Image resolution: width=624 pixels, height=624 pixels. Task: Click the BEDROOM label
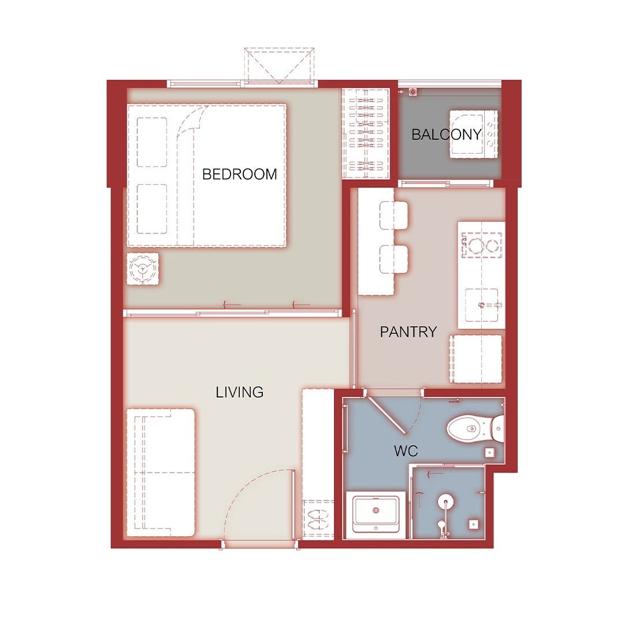[240, 174]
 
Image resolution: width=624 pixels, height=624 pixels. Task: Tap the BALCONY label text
[447, 135]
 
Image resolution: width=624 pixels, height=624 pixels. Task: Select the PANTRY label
[408, 332]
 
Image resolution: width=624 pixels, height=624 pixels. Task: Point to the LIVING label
[240, 392]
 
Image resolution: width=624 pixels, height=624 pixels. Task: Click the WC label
[406, 451]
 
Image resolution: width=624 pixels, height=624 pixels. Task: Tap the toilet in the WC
[475, 429]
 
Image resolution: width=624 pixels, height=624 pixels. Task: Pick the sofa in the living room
[161, 472]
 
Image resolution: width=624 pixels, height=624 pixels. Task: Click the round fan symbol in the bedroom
[143, 269]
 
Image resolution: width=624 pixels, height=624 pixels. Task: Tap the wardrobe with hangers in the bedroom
[366, 133]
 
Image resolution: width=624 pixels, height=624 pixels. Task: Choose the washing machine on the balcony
[474, 134]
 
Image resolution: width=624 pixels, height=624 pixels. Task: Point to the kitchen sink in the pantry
[481, 305]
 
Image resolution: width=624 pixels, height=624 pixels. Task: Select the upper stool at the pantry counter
[393, 216]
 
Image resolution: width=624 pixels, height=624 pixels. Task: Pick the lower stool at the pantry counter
[393, 259]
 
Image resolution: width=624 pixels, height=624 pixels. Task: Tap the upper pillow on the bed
[152, 142]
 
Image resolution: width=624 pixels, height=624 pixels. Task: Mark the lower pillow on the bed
[152, 209]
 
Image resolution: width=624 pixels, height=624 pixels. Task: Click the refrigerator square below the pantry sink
[476, 359]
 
